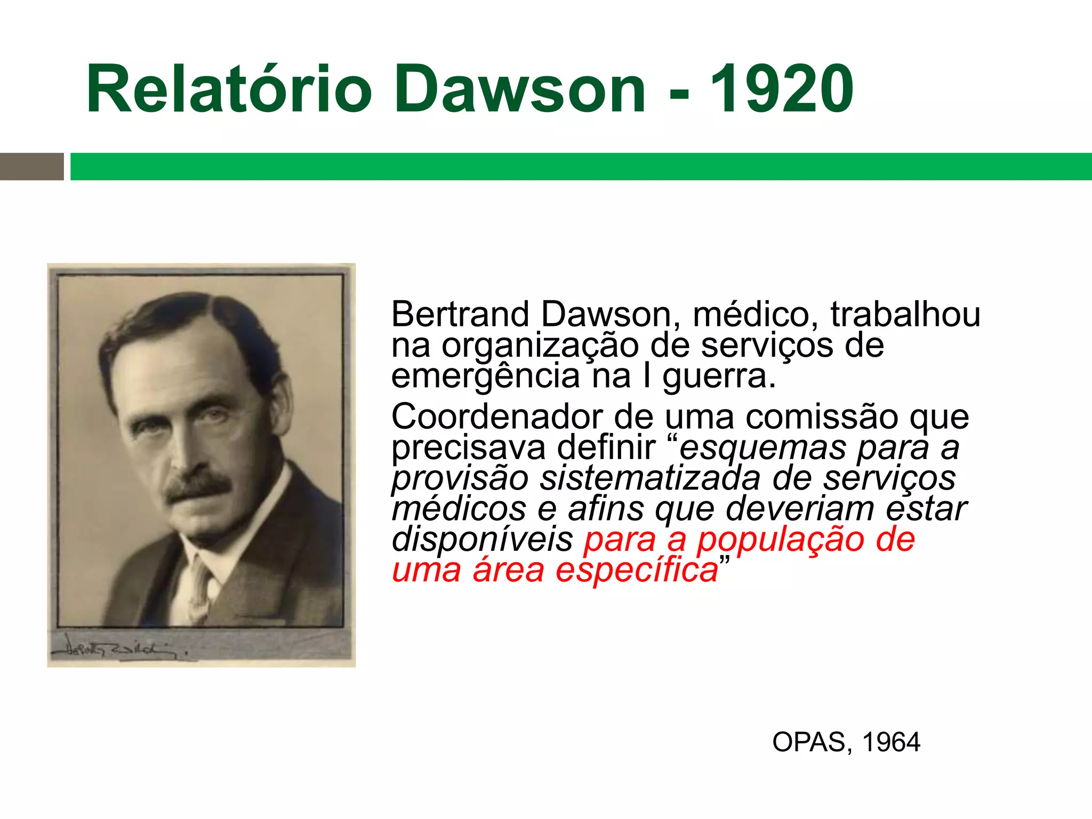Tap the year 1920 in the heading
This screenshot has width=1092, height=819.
pos(782,89)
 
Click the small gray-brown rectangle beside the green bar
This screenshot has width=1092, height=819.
pos(31,166)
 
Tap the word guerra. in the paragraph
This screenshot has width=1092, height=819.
pos(719,376)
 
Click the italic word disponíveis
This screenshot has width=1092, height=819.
pos(482,540)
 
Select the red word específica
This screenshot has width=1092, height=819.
pos(637,571)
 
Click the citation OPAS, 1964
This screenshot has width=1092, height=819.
pos(846,742)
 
